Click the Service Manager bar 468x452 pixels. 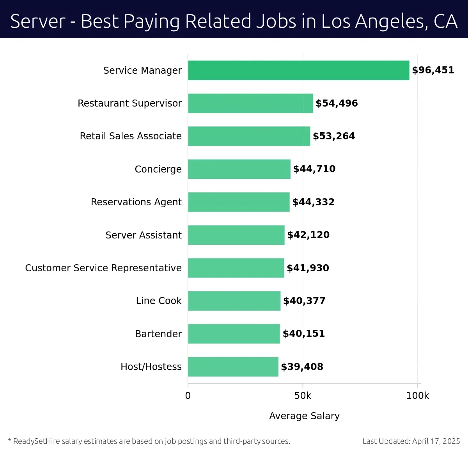[298, 70]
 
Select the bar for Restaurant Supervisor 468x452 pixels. [250, 103]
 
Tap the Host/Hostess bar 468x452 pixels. [233, 367]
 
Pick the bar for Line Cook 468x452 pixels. [234, 301]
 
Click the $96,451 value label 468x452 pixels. [433, 70]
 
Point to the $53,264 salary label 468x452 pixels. [334, 136]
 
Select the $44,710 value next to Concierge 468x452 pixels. [314, 169]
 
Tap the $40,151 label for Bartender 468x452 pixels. [303, 334]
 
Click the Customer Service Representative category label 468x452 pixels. [103, 268]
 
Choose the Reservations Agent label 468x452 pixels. [136, 202]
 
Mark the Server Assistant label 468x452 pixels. [144, 235]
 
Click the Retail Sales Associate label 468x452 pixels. [131, 136]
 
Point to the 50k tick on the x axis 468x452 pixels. [303, 396]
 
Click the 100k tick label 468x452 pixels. [417, 396]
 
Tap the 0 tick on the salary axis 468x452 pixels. [188, 396]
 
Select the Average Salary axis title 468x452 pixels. [304, 416]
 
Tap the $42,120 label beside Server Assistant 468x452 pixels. [308, 235]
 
